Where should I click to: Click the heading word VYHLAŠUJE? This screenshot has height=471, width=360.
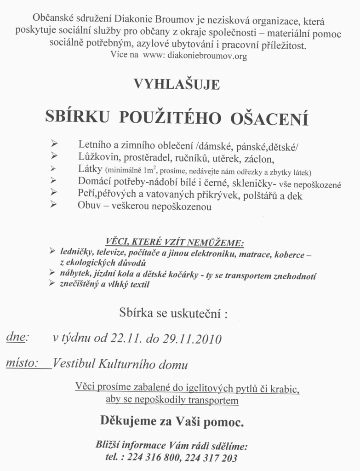pyautogui.click(x=177, y=85)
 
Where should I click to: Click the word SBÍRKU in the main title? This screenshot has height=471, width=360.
pyautogui.click(x=77, y=117)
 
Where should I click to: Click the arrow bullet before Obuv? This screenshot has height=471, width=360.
pyautogui.click(x=54, y=205)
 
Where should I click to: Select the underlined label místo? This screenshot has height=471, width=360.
pyautogui.click(x=21, y=363)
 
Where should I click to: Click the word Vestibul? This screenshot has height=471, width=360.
pyautogui.click(x=72, y=365)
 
